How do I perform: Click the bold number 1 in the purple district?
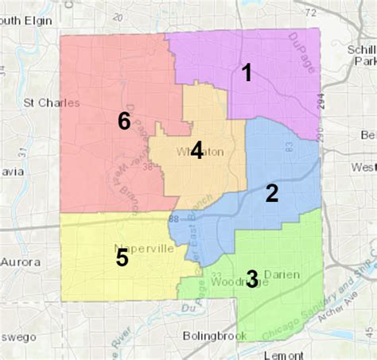point(247,73)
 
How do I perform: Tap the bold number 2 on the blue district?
point(272,192)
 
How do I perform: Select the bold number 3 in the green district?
point(251,278)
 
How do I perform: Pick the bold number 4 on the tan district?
point(196,151)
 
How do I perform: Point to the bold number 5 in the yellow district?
point(122,257)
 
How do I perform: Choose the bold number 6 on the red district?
point(123,121)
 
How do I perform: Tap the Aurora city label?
point(19,261)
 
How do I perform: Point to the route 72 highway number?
point(311,12)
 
